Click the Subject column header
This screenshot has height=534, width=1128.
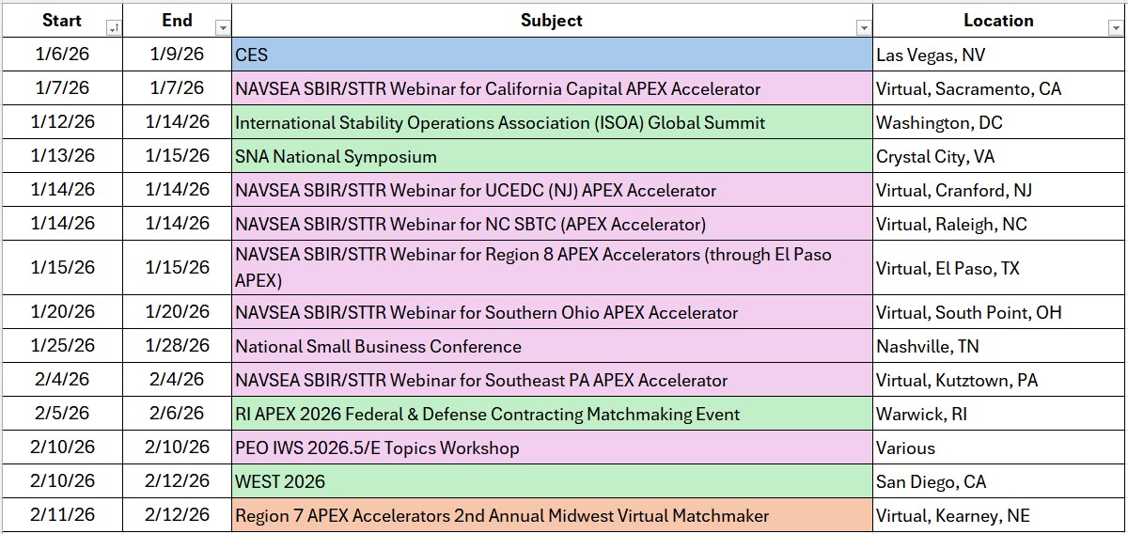click(551, 20)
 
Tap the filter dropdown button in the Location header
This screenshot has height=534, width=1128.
click(1115, 28)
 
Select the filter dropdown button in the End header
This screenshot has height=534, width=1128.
click(223, 28)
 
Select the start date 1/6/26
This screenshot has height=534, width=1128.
click(62, 55)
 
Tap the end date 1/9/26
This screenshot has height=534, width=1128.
click(177, 55)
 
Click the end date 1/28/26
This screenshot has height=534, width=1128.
click(177, 346)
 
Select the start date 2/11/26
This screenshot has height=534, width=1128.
click(62, 515)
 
